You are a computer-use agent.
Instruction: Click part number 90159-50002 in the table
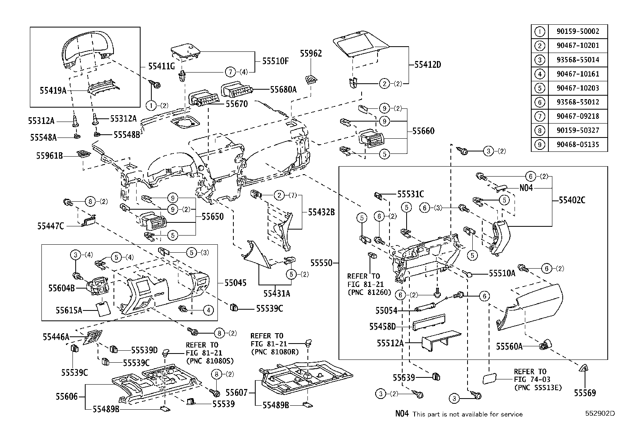[x=577, y=31]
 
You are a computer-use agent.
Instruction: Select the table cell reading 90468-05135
[x=577, y=144]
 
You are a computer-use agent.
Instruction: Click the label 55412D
[x=427, y=65]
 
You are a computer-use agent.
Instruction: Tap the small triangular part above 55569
[x=584, y=368]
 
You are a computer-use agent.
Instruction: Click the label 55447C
[x=51, y=226]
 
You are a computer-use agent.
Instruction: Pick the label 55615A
[x=68, y=310]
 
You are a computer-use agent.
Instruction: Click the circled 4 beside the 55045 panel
[x=207, y=310]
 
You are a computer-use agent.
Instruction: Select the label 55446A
[x=56, y=337]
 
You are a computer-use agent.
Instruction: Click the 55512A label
[x=390, y=343]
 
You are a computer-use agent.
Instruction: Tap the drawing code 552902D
[x=600, y=413]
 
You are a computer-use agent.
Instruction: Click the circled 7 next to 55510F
[x=230, y=72]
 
